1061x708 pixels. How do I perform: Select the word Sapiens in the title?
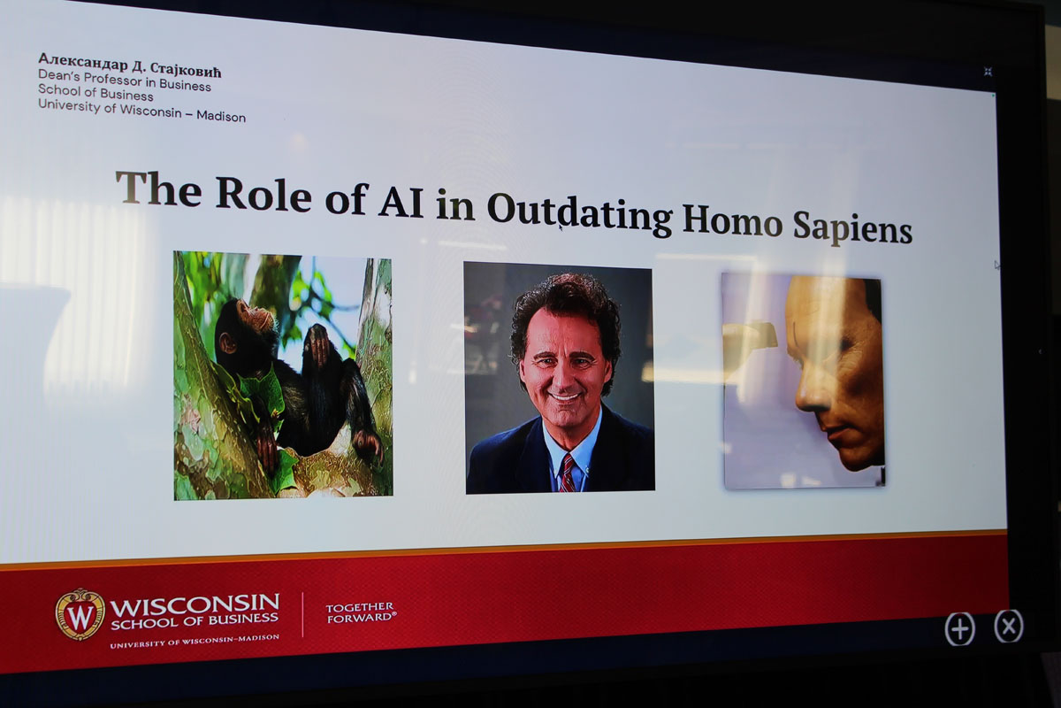[852, 227]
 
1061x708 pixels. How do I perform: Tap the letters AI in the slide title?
[401, 202]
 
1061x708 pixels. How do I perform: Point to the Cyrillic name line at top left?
[129, 65]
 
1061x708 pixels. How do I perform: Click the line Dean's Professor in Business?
[125, 81]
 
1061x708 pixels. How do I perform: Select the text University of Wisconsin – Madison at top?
[141, 111]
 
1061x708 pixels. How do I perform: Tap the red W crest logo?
[80, 614]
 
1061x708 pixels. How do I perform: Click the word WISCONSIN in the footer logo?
[195, 604]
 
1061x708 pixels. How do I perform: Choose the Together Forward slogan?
[361, 612]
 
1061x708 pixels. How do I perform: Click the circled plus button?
[959, 629]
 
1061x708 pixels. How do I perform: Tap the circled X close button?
[1009, 627]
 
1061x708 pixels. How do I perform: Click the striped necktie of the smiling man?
[567, 473]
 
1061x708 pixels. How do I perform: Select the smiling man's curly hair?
[566, 313]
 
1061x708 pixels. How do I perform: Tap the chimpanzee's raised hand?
[317, 342]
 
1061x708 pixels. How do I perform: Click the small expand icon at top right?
[988, 72]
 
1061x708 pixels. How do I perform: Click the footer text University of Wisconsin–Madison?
[195, 641]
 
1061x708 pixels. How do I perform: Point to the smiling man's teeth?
[564, 396]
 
